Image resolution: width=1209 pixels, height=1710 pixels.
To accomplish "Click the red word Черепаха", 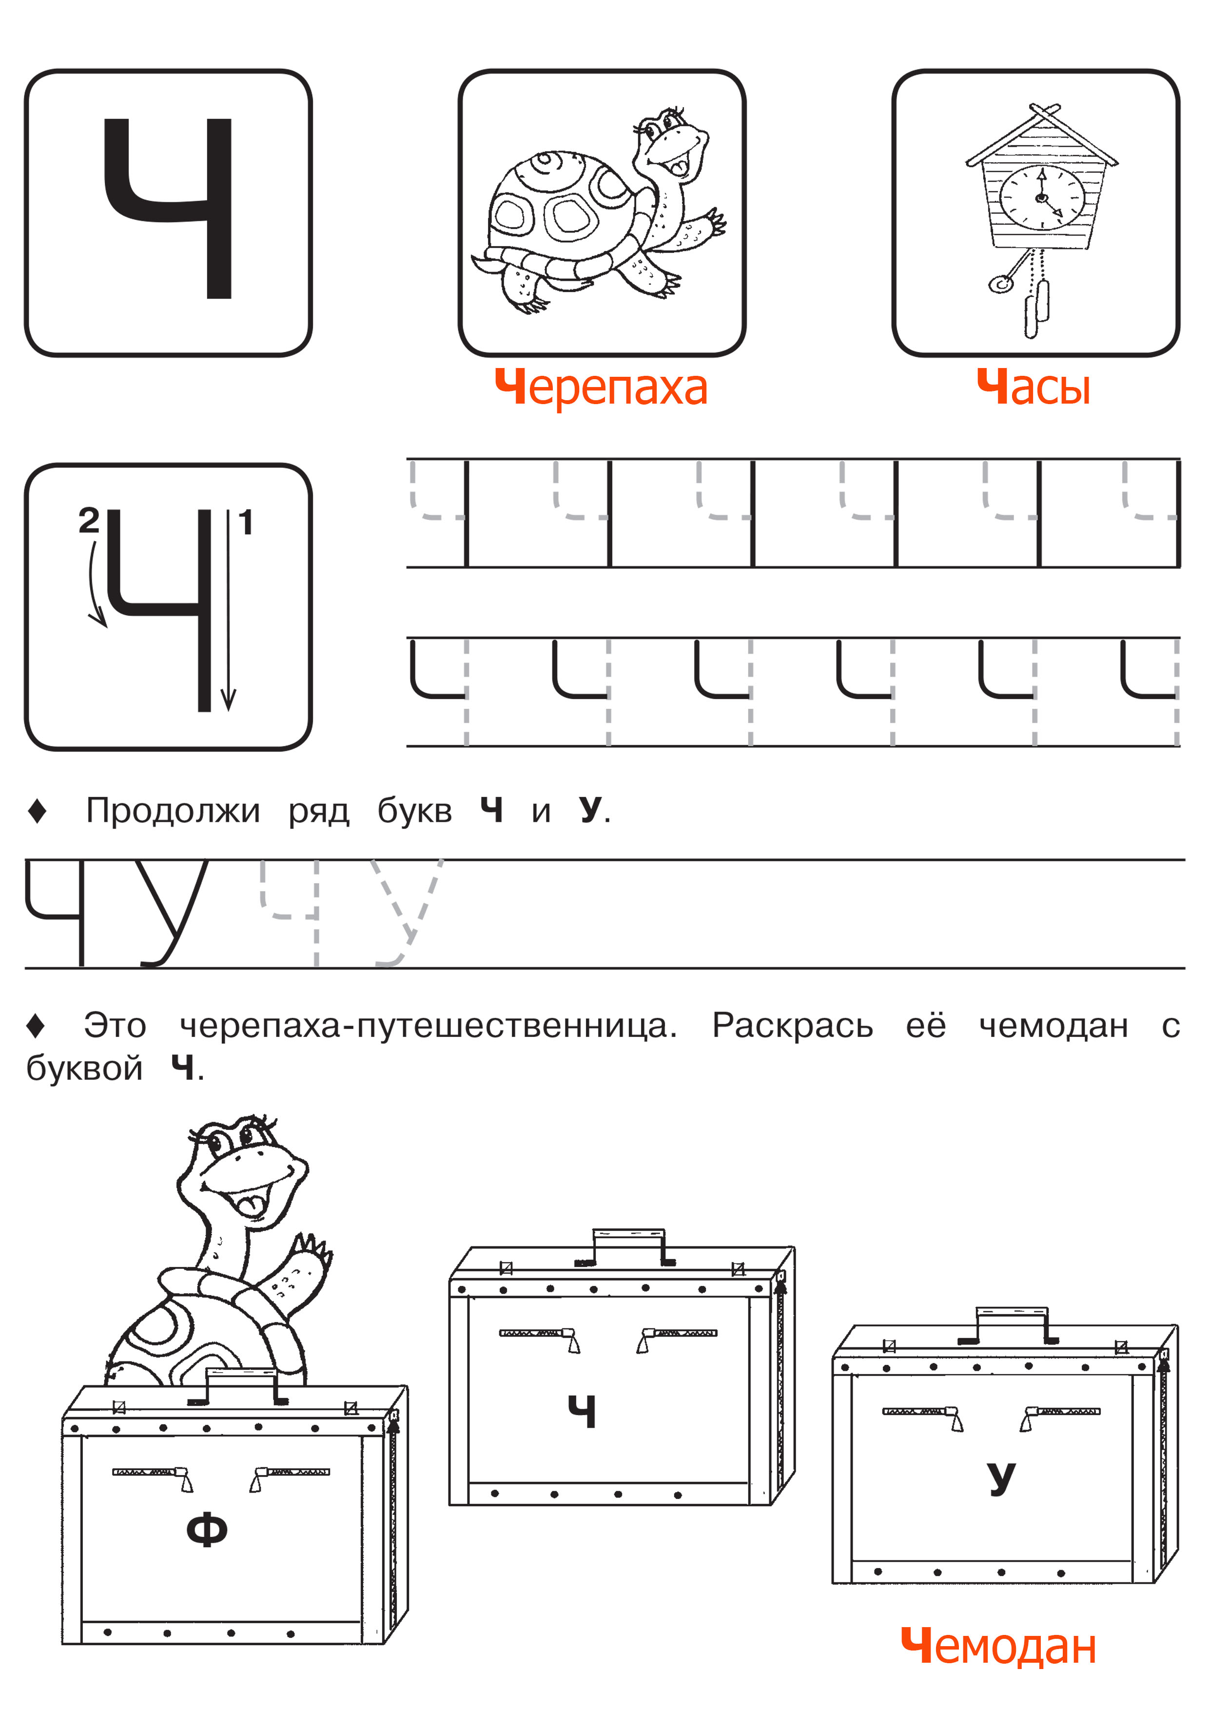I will [601, 388].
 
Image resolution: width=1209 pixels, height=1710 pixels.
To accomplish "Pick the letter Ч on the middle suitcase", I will [582, 1411].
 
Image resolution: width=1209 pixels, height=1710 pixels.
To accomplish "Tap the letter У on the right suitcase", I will [1000, 1478].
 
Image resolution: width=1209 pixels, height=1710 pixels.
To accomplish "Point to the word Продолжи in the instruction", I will [173, 810].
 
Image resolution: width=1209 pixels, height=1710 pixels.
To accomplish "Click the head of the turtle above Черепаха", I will [670, 141].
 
